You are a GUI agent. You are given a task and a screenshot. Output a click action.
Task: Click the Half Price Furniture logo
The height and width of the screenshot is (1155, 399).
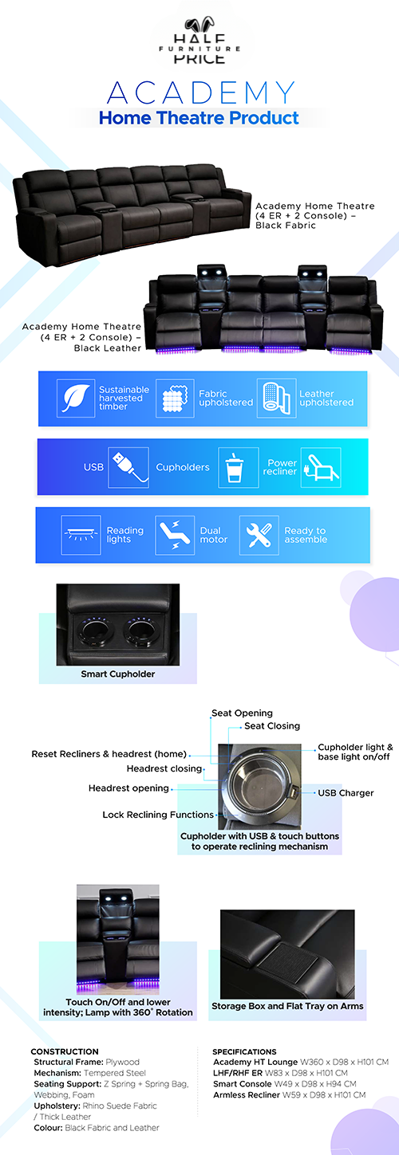tap(199, 41)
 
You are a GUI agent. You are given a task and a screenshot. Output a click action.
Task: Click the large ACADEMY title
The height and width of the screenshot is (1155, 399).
tap(201, 92)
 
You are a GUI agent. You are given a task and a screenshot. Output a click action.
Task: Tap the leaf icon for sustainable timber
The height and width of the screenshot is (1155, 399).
tap(76, 398)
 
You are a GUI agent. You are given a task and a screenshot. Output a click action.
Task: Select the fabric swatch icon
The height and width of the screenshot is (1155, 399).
tap(175, 398)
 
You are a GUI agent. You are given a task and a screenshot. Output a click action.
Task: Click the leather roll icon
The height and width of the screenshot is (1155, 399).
tap(276, 398)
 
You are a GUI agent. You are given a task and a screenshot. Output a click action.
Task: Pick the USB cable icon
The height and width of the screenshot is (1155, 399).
tap(128, 467)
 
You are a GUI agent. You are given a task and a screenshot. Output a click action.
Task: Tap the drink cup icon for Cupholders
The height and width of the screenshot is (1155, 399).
tap(238, 467)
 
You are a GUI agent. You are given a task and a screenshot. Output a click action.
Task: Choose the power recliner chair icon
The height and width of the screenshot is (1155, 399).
tap(321, 467)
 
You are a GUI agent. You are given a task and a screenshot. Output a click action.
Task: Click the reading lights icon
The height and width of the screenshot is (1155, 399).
tap(81, 535)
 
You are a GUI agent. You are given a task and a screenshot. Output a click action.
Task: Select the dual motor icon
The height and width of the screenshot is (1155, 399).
tap(175, 535)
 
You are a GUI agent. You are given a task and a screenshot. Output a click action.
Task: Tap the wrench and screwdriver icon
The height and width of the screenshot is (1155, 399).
tap(259, 535)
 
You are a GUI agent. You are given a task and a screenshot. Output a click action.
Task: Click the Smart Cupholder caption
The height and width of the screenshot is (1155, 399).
tap(117, 674)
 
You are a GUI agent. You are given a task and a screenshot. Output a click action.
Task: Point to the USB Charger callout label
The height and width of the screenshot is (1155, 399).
tap(346, 793)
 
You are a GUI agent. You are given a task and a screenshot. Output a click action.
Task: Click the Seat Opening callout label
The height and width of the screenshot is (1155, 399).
tap(242, 713)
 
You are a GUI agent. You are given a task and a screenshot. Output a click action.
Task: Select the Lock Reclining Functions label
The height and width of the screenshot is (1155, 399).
tap(158, 815)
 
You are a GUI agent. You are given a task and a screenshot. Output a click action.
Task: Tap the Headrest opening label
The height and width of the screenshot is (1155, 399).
tap(128, 788)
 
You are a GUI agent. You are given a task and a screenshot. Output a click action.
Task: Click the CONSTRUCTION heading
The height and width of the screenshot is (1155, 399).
tap(65, 1052)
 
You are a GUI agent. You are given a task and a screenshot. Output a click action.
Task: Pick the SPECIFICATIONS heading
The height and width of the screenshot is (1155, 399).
tap(245, 1052)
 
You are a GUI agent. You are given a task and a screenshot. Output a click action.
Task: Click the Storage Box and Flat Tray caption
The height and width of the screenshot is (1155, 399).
tap(287, 1006)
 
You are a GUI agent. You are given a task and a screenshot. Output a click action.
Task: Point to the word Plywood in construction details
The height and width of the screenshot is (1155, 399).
tap(122, 1063)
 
